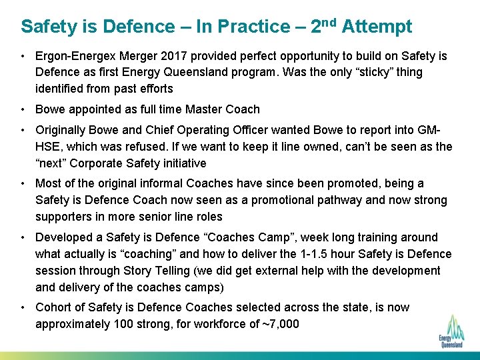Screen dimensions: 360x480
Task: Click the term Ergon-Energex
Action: [75, 56]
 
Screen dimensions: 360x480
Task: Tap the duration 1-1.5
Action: [311, 254]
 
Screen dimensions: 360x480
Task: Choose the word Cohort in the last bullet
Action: [53, 307]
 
